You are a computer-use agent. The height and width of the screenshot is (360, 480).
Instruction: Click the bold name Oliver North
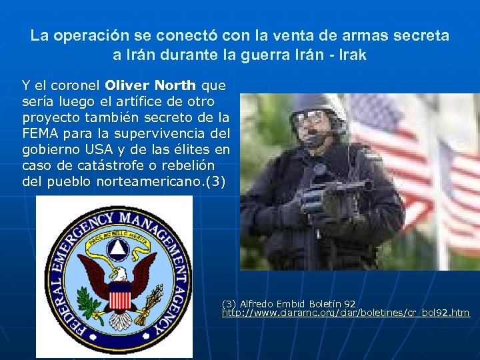coord(151,86)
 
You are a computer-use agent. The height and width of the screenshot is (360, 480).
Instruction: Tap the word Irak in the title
coord(351,55)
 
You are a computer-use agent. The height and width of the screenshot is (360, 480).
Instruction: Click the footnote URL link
coord(345,312)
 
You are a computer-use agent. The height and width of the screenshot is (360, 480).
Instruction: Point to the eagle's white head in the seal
coord(118,273)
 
